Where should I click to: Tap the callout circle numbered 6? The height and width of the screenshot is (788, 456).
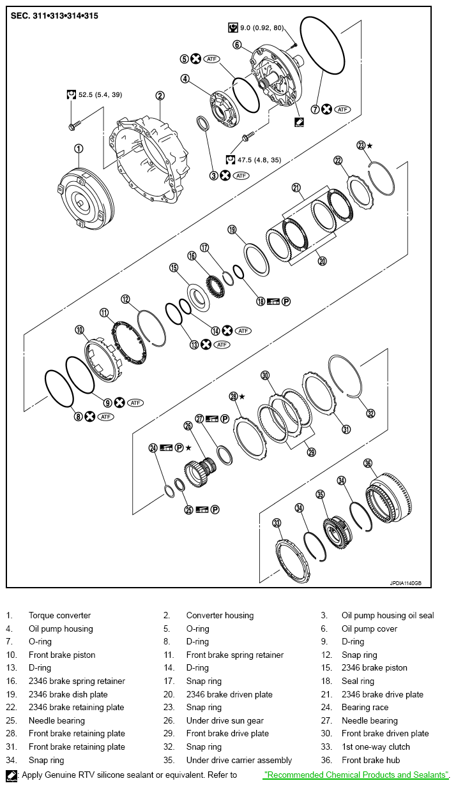coord(237,45)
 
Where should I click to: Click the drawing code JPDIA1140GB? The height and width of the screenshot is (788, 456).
coord(406,582)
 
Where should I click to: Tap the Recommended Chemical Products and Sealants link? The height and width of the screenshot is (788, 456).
coord(356,775)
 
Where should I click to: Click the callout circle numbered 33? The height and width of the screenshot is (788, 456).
coord(277,523)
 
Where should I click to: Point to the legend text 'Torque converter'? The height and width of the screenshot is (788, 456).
coord(59,616)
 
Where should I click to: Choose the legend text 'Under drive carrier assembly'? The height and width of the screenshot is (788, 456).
coord(239,760)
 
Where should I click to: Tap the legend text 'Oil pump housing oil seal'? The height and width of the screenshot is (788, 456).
coord(388,616)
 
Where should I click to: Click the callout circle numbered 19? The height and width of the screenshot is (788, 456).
coord(232,230)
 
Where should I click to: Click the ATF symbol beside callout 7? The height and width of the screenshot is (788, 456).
coord(343,109)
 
